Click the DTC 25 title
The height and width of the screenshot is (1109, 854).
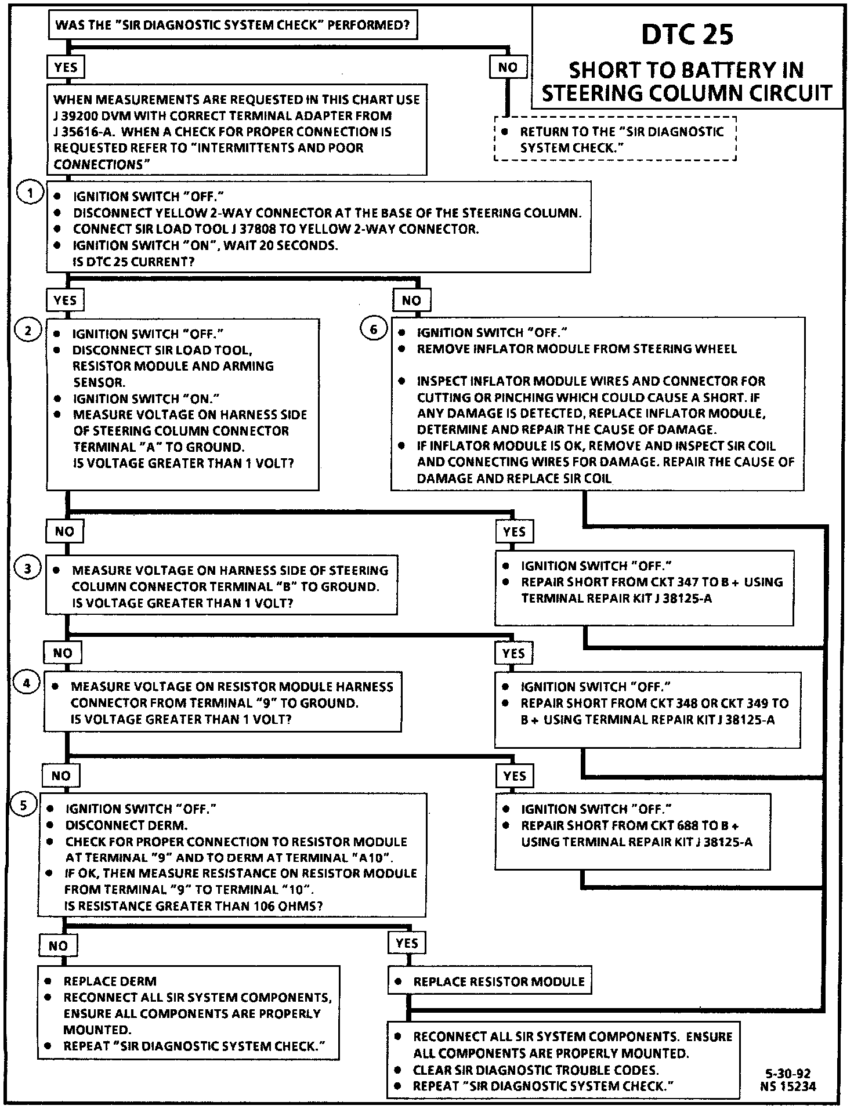pos(687,35)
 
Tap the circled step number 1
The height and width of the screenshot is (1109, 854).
pos(28,193)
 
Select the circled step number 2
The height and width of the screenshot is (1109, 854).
pos(28,331)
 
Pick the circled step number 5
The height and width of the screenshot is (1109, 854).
pos(24,805)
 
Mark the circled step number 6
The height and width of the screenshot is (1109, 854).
pos(374,329)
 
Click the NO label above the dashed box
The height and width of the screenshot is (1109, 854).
pos(508,67)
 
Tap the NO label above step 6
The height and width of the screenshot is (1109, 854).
pos(411,300)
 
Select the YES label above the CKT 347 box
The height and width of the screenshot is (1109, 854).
pos(514,531)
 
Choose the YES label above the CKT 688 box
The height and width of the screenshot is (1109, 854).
pos(514,776)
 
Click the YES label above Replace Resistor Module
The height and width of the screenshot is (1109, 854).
pos(407,943)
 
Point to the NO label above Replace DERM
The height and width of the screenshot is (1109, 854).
pos(58,945)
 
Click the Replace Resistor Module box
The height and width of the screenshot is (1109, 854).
pos(490,981)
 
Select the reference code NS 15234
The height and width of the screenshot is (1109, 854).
pos(787,1086)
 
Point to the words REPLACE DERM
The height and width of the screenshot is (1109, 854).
pos(110,981)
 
